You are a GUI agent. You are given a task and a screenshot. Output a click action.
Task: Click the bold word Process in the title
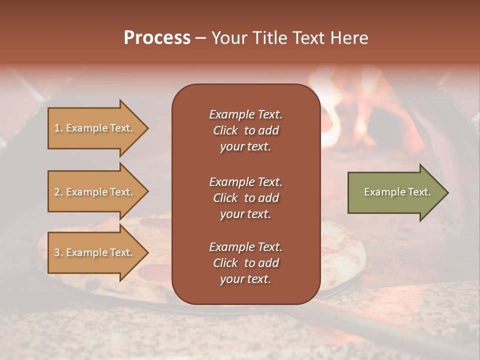click(157, 37)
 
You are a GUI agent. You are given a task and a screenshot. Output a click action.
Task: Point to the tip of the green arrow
click(447, 192)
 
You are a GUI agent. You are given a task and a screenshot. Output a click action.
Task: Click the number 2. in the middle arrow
click(58, 192)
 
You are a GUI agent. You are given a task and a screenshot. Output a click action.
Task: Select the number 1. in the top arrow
click(58, 128)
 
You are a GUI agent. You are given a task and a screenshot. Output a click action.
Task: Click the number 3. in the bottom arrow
click(58, 252)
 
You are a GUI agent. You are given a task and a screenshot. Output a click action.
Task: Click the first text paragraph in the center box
click(245, 130)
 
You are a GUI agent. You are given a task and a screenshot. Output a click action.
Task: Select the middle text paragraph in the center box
click(245, 197)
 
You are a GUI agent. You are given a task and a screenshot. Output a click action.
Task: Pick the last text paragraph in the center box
click(245, 263)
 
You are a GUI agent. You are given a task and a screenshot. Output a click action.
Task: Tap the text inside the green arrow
click(397, 192)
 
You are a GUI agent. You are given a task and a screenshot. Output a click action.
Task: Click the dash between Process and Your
click(200, 38)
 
